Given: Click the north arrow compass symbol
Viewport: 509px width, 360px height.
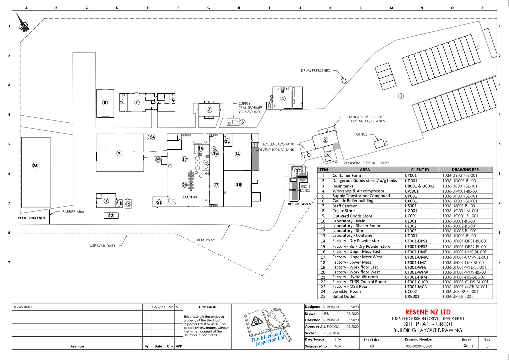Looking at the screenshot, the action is [22, 23].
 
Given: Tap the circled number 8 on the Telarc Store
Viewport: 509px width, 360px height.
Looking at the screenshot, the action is [105, 103].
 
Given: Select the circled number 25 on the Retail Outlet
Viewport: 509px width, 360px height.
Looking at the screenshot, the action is [35, 166].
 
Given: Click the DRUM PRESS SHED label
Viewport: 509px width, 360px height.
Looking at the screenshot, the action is [315, 71].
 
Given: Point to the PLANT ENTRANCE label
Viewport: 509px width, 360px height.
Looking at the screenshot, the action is [32, 218].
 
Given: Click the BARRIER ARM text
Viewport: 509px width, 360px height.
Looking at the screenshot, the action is [73, 212].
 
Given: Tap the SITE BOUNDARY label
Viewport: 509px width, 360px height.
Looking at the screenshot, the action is [103, 246].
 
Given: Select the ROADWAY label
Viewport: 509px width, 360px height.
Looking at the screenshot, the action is [206, 240].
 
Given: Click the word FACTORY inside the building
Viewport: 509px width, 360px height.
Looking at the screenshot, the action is [190, 197].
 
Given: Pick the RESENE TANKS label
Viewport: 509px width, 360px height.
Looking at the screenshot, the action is [299, 204].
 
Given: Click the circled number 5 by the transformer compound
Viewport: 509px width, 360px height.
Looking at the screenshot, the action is [242, 122].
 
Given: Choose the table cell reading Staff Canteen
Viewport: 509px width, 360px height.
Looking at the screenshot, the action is [345, 206].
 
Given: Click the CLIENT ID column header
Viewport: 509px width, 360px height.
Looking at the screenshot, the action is [420, 170].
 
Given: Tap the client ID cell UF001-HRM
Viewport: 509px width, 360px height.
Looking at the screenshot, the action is [416, 277].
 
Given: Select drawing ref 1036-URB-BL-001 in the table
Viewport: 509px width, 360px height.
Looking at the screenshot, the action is [457, 296].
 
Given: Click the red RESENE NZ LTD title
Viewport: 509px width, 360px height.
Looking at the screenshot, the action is [428, 312].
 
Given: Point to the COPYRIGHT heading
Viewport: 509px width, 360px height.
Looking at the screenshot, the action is [208, 307].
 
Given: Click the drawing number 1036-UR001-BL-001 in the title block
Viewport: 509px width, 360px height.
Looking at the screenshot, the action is [419, 346].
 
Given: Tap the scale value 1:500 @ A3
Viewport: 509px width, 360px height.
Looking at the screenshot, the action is [332, 333].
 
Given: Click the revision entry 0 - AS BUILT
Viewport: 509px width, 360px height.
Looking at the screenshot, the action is [23, 307].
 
